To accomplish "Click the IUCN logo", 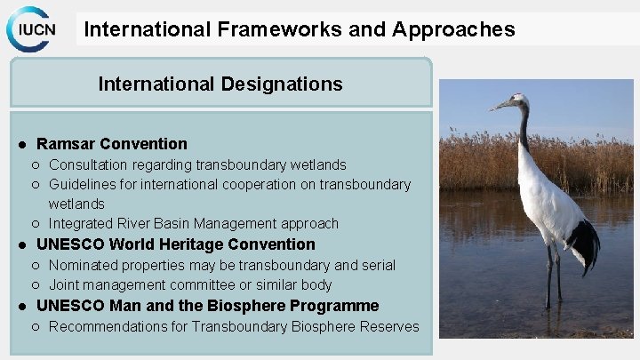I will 33,28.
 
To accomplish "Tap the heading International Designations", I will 220,84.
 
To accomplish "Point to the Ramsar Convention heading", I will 112,144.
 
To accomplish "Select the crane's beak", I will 500,106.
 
